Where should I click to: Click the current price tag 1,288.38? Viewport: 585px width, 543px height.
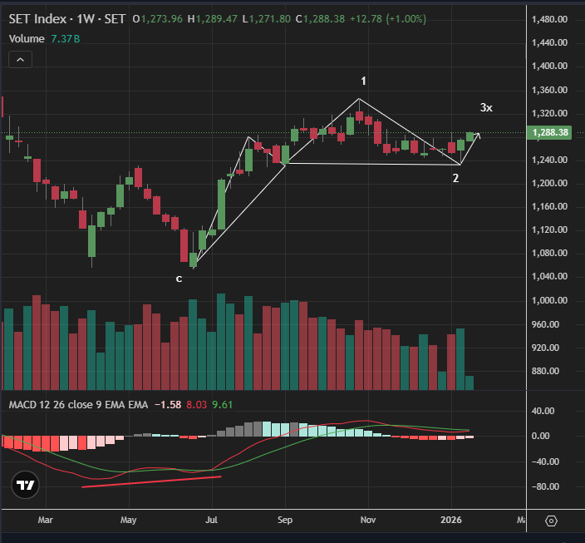point(550,132)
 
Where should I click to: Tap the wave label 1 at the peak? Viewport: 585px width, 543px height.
point(363,81)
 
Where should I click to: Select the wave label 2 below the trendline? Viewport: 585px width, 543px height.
point(455,177)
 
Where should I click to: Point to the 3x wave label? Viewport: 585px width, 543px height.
point(486,107)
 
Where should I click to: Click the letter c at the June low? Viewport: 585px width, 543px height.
point(179,278)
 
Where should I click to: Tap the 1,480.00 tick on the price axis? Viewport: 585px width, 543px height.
point(550,19)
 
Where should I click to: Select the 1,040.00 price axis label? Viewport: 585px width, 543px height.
point(550,277)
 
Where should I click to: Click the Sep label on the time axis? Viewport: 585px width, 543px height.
point(285,520)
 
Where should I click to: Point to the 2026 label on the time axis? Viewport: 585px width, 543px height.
point(453,520)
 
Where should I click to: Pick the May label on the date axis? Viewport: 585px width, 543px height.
point(128,520)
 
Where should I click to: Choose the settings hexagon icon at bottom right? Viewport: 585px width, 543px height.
point(552,521)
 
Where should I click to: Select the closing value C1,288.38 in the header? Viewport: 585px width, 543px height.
point(311,18)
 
